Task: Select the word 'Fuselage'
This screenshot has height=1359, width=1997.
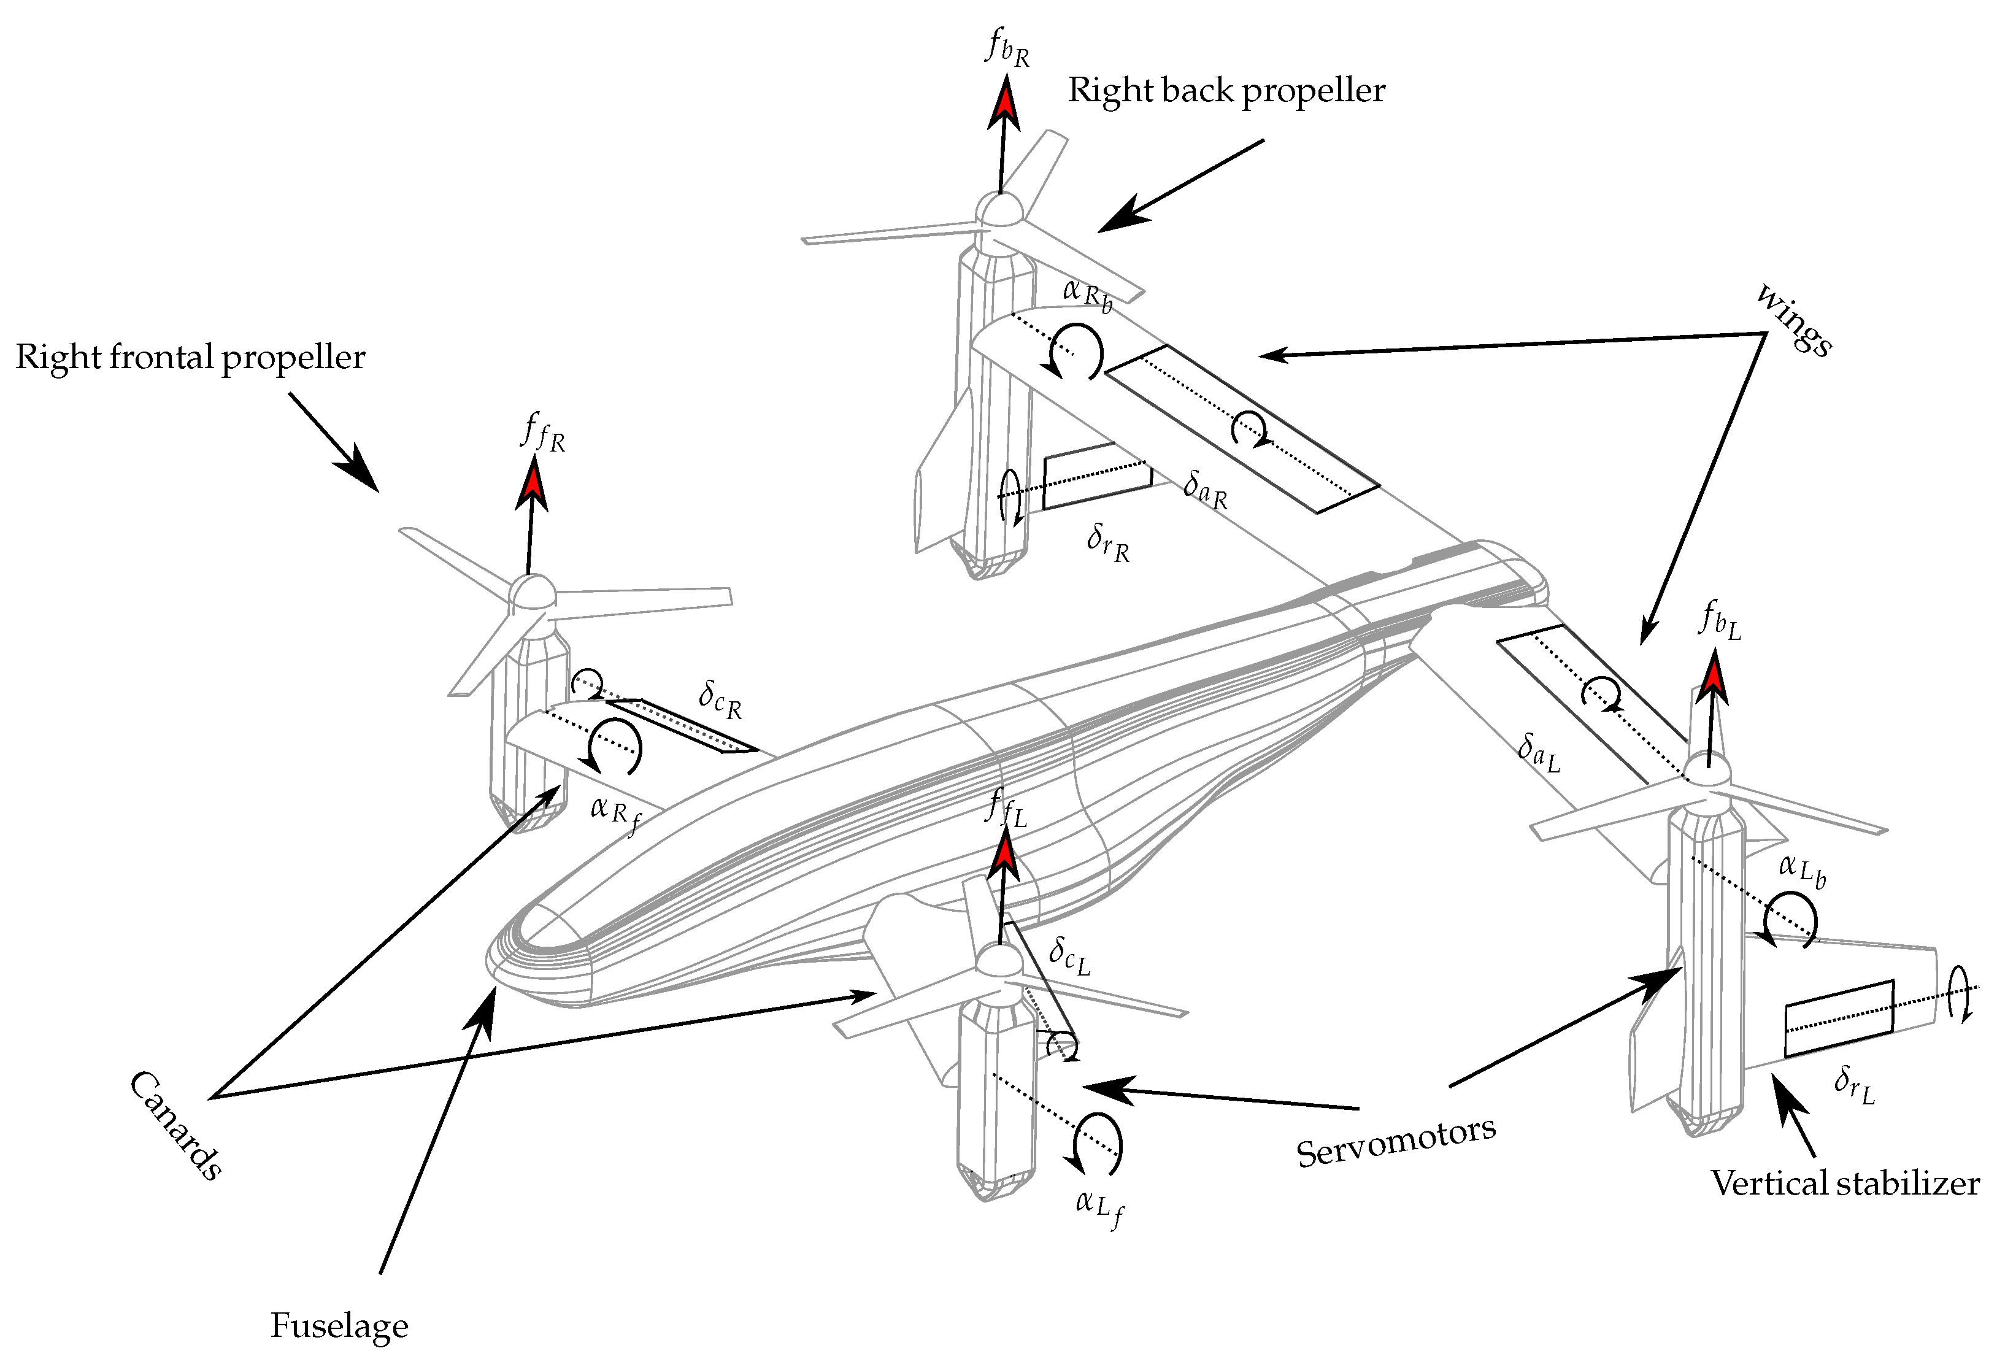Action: click(339, 1325)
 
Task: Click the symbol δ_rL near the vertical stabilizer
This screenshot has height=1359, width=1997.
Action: click(1853, 1085)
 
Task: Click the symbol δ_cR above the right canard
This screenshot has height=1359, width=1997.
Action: click(719, 699)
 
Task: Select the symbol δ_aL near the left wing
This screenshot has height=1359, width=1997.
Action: click(1538, 752)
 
